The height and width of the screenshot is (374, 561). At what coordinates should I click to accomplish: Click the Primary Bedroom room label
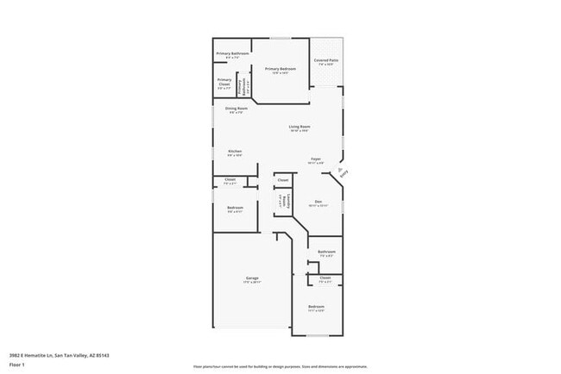pos(280,70)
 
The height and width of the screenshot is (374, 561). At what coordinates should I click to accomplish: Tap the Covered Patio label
pos(326,61)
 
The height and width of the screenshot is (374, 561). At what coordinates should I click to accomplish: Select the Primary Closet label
pos(224,84)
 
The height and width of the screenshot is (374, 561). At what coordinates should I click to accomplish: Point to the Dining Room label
pos(236,109)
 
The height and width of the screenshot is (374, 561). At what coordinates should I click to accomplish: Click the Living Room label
pos(299,128)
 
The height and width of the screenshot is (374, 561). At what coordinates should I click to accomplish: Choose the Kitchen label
pos(235,153)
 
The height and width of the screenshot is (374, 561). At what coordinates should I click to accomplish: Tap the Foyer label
pos(317,160)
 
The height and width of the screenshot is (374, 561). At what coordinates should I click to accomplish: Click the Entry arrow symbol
pos(343,171)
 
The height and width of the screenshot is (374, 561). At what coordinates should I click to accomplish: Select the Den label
pos(318,203)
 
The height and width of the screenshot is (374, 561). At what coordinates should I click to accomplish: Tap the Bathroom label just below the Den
pos(326,253)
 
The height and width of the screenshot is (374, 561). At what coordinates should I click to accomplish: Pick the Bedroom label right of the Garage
pos(317,308)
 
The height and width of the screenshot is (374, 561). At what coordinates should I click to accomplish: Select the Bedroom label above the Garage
pos(235,209)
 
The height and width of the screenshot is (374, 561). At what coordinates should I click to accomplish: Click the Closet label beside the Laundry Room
pos(282,180)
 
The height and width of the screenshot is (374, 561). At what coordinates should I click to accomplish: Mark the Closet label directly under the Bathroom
pos(325,278)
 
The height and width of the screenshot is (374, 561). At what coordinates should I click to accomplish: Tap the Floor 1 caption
pos(17,365)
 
